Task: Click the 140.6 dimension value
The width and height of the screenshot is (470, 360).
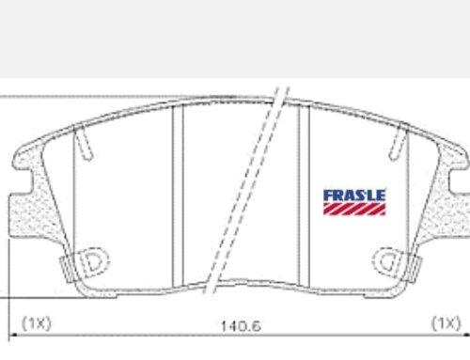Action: coord(241,326)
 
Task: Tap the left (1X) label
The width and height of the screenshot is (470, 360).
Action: coord(37,323)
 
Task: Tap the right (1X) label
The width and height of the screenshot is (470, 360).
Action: coord(446,322)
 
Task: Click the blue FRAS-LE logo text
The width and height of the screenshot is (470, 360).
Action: coord(354,196)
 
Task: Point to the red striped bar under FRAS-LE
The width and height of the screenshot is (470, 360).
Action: coord(354,209)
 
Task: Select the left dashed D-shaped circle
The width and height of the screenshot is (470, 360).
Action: coord(92,262)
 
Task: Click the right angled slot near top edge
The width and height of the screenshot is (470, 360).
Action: coord(398,142)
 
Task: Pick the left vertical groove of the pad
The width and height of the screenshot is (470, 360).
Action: coord(178,196)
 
